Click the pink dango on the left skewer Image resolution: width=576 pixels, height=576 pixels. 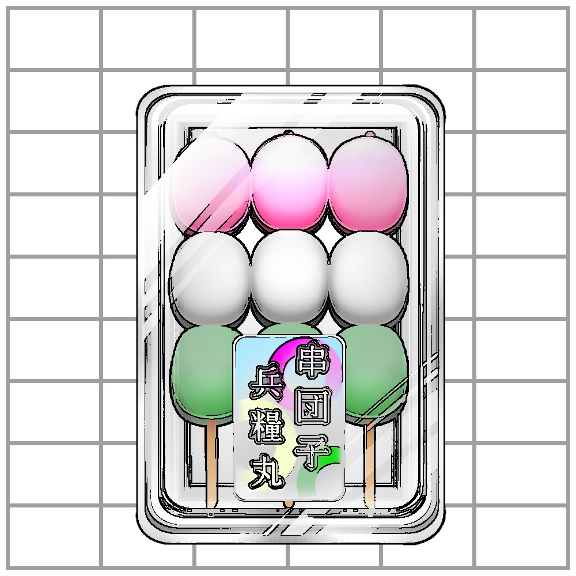(211, 184)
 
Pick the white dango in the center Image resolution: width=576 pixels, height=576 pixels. (290, 278)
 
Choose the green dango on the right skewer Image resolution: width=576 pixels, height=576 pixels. (374, 369)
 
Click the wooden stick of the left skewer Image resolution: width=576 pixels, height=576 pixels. (211, 461)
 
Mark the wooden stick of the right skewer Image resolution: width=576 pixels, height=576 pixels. (370, 461)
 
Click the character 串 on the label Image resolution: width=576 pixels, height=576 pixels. (311, 361)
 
